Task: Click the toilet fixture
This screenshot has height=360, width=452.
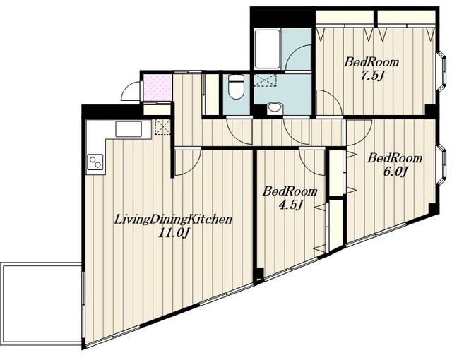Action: coord(236,87)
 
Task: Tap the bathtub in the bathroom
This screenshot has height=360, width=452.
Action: coord(267,49)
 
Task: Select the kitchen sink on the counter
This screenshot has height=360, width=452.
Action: coord(129,129)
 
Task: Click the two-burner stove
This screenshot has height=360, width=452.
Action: coord(95,162)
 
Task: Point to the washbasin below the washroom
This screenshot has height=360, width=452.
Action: coord(274,109)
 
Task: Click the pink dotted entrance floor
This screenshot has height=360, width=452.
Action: coord(157,88)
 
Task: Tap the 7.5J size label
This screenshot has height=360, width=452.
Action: coord(372,76)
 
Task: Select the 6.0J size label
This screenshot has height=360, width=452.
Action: coord(395,172)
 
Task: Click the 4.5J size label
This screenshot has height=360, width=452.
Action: coord(290,205)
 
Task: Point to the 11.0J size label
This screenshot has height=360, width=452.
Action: coord(174,233)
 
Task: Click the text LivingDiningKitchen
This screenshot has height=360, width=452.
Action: coord(173,220)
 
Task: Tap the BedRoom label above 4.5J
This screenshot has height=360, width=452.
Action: coord(290,191)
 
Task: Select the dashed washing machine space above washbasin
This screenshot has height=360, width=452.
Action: coord(266,80)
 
